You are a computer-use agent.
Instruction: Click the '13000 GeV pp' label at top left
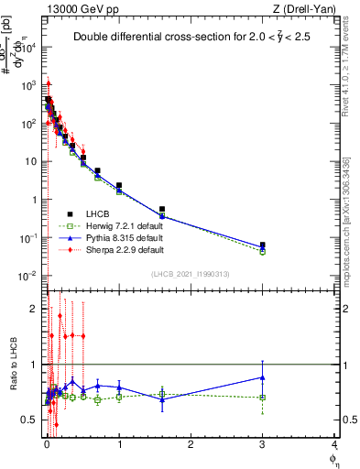[80, 8]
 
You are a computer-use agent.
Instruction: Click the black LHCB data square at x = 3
[263, 245]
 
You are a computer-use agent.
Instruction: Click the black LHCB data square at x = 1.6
[162, 210]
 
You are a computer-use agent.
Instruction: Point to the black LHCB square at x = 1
[119, 186]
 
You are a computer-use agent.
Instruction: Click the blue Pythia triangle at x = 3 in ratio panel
[263, 376]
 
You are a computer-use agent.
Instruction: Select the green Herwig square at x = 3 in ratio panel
[263, 398]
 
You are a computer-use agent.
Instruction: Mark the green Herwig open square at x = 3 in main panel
[263, 251]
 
